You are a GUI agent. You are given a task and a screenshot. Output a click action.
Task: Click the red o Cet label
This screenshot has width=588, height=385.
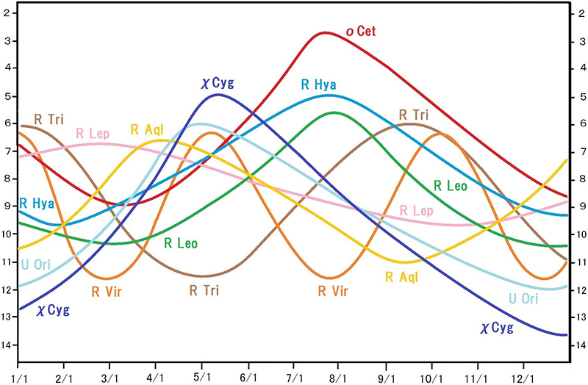[x=362, y=32]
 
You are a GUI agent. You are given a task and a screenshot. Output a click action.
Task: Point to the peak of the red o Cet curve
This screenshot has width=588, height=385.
[x=324, y=32]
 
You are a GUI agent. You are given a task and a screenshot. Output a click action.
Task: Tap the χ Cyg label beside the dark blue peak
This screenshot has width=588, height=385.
[x=217, y=83]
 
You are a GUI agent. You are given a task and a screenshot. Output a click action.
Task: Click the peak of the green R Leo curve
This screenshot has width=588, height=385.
[x=335, y=112]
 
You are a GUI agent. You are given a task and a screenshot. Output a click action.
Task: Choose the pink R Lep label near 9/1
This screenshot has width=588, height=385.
[x=417, y=212]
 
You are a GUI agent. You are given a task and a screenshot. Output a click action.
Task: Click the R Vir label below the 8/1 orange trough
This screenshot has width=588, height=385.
[x=332, y=291]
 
